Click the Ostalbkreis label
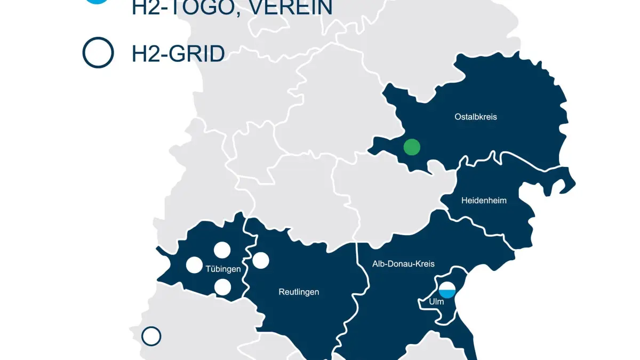pos(476,117)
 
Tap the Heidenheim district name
pos(484,201)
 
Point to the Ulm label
pos(436,302)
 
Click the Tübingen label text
pos(223,269)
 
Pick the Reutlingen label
pos(299,292)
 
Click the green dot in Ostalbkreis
pos(412,147)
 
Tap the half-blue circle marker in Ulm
pos(447,290)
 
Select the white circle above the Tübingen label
pos(222,250)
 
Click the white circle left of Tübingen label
pos(194,265)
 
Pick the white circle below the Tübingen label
pos(222,287)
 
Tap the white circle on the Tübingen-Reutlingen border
pos(261,260)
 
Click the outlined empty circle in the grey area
pos(151,337)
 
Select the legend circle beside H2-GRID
pos(98,53)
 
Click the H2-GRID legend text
pos(178,54)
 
